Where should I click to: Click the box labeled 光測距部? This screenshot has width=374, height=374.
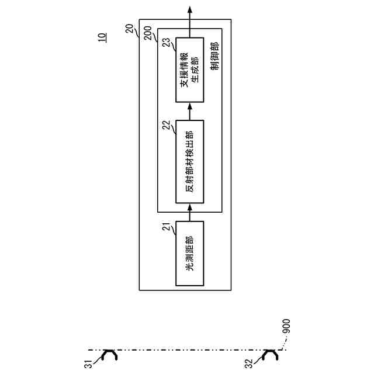pyautogui.click(x=189, y=253)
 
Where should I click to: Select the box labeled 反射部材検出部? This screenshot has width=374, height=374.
pyautogui.click(x=189, y=161)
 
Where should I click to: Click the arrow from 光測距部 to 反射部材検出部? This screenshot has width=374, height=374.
pyautogui.click(x=189, y=212)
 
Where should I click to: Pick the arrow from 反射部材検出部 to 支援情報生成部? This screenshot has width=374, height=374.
pyautogui.click(x=189, y=112)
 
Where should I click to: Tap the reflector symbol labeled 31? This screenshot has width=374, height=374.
pyautogui.click(x=109, y=355)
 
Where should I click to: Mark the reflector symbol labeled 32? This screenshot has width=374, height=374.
pyautogui.click(x=271, y=355)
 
